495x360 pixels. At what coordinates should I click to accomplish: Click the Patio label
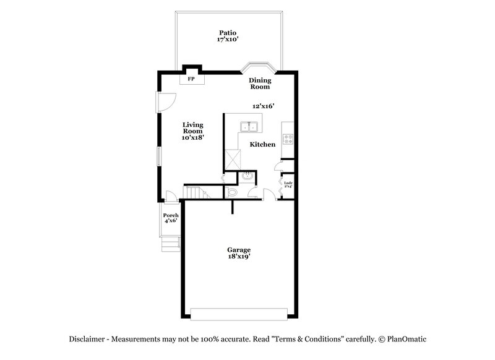coord(228,33)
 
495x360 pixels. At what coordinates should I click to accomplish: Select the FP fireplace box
coord(192,80)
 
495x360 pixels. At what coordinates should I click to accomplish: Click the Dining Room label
coord(260,84)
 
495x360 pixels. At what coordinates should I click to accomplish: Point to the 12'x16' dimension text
coord(263,106)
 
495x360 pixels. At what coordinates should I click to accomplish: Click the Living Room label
coord(193,128)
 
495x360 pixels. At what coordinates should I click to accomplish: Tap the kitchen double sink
coord(250,128)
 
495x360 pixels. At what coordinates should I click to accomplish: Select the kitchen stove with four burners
coord(288,139)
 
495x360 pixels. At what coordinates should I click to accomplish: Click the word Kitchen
coord(262,145)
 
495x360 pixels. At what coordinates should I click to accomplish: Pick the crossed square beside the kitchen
coord(233,159)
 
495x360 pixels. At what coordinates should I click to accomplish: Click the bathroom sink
coord(247,178)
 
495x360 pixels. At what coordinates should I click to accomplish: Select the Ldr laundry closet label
coord(288,184)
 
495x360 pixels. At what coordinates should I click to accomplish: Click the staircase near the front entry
coord(194,192)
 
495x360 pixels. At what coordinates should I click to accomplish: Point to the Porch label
coord(171,215)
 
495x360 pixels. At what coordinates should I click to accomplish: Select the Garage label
coord(238,250)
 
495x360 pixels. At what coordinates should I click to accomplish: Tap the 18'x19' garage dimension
coord(238,257)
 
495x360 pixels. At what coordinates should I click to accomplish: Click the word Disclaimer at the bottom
coord(87,339)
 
